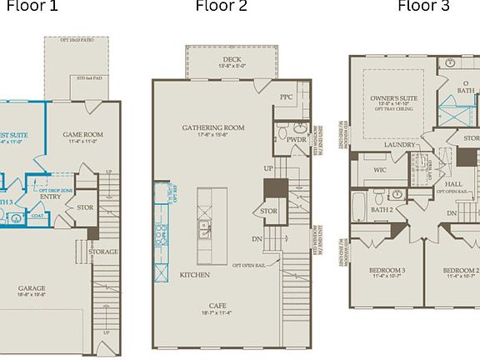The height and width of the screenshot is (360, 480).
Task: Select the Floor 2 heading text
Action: (221, 7)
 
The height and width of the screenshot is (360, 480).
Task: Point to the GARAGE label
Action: (32, 289)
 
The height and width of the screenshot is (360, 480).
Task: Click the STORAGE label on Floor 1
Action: (102, 252)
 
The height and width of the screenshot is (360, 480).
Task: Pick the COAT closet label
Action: (38, 215)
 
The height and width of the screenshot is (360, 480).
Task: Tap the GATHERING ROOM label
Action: (212, 127)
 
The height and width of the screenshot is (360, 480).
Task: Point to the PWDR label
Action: (297, 139)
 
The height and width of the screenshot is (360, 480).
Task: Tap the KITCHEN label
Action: (194, 274)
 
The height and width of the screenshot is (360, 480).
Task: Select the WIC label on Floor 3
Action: (380, 169)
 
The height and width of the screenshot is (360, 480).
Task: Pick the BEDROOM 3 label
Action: (387, 271)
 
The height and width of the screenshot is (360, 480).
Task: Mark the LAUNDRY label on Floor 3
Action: (400, 144)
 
